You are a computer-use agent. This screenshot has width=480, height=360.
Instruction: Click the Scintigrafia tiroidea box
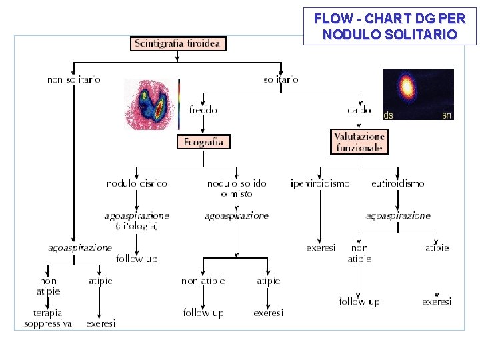[x=178, y=43]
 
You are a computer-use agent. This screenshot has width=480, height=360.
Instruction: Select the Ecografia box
[x=203, y=141]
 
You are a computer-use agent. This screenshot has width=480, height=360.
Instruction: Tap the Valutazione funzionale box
[x=359, y=142]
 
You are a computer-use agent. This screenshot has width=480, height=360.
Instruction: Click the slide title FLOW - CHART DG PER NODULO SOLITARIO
[x=390, y=27]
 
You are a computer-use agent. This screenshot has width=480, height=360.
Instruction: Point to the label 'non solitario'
[x=74, y=79]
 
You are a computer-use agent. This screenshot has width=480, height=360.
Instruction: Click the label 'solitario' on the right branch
[x=281, y=79]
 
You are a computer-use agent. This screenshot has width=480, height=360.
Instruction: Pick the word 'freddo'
[x=203, y=110]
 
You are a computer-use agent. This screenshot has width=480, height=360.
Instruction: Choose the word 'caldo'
[x=359, y=110]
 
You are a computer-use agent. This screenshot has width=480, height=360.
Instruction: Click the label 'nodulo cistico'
[x=137, y=183]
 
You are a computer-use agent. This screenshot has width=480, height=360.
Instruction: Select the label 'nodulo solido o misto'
[x=237, y=188]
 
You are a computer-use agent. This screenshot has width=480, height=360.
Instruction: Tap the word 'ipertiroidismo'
[x=320, y=183]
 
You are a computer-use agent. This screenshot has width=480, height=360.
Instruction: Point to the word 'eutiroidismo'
[x=398, y=183]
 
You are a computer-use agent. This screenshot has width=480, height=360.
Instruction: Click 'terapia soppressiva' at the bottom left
[x=48, y=318]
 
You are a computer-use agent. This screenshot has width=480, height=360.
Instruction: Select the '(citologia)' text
[x=137, y=227]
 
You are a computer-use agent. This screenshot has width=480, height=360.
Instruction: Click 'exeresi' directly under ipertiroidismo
[x=321, y=247]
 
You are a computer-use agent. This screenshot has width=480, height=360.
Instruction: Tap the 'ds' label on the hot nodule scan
[x=388, y=115]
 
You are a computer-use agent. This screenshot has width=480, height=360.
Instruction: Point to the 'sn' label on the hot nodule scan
[x=447, y=115]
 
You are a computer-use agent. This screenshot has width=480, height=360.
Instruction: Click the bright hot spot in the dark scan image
[x=405, y=87]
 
